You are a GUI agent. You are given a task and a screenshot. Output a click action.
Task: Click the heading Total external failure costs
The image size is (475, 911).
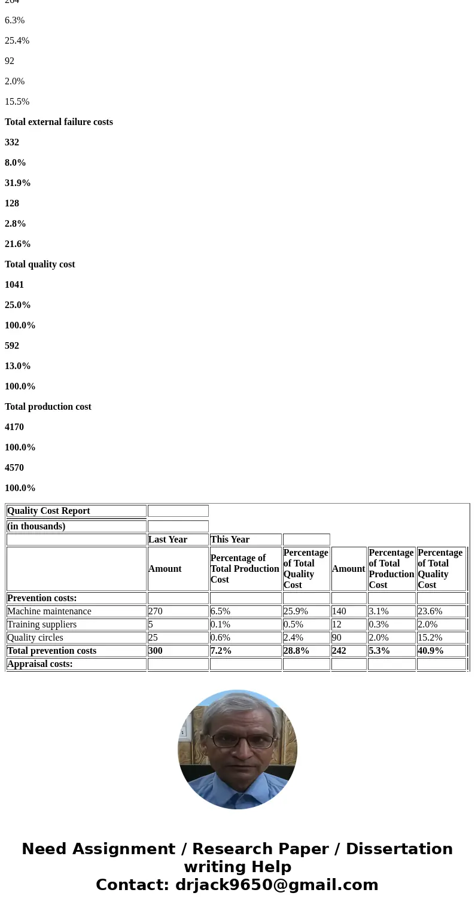coord(59,122)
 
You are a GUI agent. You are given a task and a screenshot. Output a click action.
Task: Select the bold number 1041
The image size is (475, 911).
coord(14,285)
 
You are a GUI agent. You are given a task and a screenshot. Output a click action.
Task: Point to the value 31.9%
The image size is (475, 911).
coord(17,183)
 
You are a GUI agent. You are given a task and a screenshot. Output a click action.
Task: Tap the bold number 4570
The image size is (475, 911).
coord(14,468)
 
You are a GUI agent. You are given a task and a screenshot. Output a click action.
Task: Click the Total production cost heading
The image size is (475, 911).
coord(48,407)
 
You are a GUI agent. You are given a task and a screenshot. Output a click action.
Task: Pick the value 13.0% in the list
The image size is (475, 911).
coord(17,366)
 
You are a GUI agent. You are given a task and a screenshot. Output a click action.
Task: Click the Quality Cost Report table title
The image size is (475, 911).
coord(48,511)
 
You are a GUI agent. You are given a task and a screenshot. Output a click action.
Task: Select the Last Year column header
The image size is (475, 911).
coord(168,540)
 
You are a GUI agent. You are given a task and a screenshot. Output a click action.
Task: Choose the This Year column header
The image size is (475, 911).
coord(230,540)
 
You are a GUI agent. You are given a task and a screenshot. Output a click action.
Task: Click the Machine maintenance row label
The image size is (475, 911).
coord(49,611)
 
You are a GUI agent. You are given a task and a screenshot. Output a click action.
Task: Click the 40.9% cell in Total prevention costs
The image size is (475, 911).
coord(431,651)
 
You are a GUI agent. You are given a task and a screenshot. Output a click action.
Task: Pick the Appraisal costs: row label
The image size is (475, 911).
coord(40,664)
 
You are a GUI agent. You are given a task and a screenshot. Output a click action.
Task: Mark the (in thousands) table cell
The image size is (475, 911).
coord(36,526)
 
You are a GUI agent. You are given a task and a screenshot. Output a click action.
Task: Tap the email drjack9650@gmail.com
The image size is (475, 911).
coord(276,885)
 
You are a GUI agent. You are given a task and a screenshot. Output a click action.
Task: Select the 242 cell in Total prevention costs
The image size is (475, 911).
coord(339,651)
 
